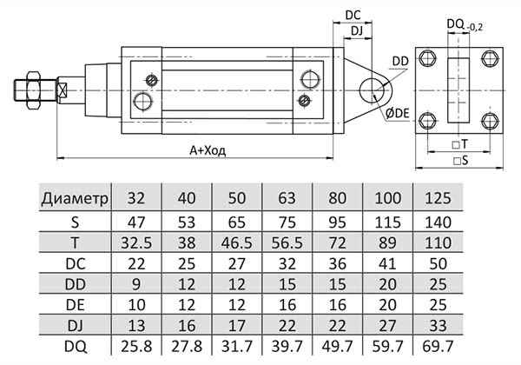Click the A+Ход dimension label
pos(208,149)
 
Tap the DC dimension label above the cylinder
pos(353,15)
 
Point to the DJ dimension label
pos(356,32)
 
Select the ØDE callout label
pos(399,114)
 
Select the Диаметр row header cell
pos(75,198)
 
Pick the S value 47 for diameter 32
pos(136,222)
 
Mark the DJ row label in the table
pos(75,326)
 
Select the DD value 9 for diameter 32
pos(136,283)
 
